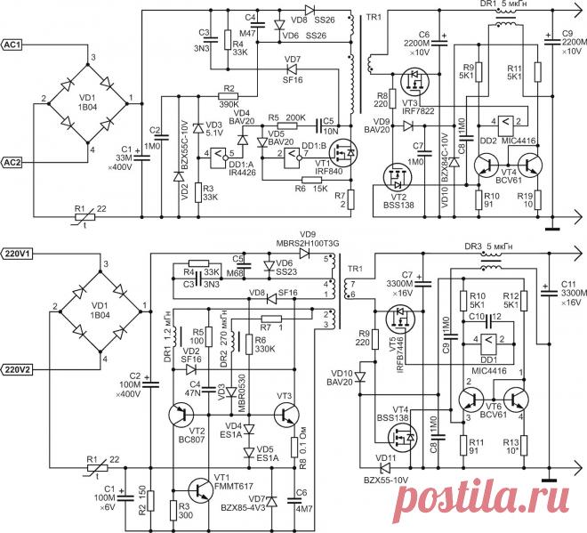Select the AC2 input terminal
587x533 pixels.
coord(19,162)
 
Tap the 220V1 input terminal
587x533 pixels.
coord(20,254)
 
